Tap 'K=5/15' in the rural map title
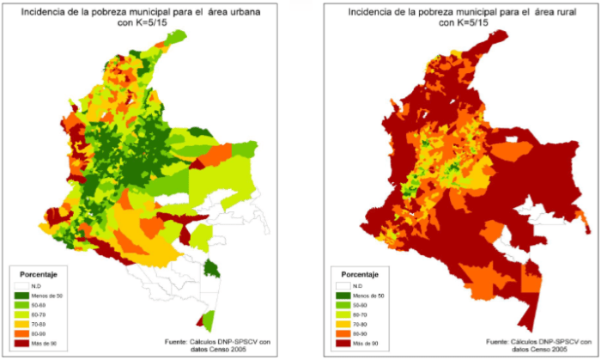click(471, 24)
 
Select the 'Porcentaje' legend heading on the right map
click(360, 274)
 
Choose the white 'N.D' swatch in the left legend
click(23, 285)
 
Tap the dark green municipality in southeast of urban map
click(211, 271)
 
